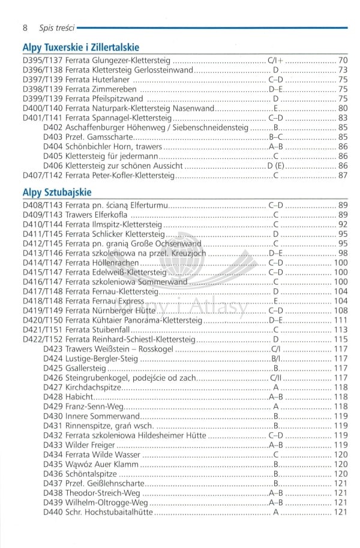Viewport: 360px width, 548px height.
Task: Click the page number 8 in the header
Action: click(25, 28)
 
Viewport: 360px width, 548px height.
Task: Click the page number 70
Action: click(343, 61)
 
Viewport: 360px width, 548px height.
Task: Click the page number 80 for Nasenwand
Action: click(343, 109)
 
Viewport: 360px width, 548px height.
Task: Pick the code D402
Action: click(53, 128)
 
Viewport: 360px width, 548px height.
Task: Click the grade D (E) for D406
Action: click(275, 165)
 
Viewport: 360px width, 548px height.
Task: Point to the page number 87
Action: click(343, 175)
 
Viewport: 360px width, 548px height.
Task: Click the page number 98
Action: click(343, 253)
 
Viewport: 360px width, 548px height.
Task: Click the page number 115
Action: click(341, 339)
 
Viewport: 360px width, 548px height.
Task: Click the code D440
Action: click(53, 512)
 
